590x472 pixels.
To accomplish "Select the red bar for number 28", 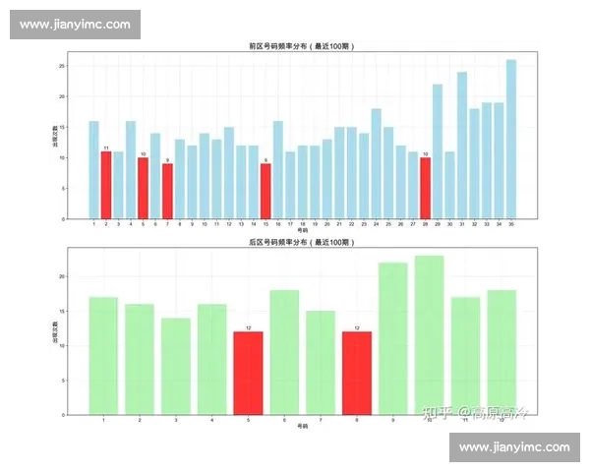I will click(425, 188).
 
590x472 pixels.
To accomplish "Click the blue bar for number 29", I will click(438, 151).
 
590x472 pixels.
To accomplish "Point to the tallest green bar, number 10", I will click(430, 334).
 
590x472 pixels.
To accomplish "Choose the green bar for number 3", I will click(176, 366).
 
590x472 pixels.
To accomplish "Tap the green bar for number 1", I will click(104, 355).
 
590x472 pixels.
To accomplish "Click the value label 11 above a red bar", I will click(106, 148).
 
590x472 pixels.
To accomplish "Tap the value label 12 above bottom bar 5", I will click(249, 328).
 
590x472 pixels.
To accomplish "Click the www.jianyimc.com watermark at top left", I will click(75, 24).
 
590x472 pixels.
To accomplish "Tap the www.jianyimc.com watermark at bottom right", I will click(514, 447).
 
